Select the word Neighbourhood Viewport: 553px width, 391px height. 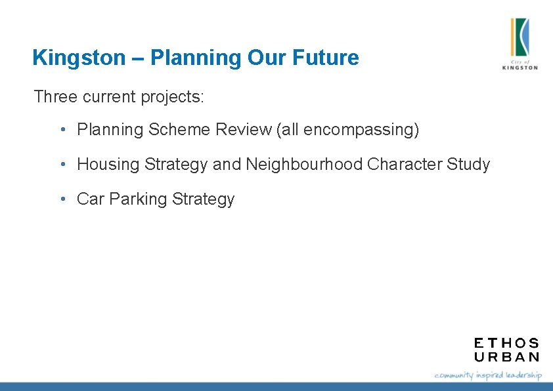click(x=304, y=165)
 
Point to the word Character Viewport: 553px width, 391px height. click(x=404, y=165)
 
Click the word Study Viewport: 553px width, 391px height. click(x=468, y=165)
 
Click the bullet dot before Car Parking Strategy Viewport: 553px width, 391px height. click(x=62, y=199)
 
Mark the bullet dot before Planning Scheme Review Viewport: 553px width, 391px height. click(x=62, y=130)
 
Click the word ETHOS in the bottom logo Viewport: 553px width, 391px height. click(x=506, y=343)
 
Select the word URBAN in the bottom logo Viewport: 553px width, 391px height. click(x=506, y=357)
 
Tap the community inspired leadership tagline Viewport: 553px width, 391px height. click(x=488, y=375)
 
